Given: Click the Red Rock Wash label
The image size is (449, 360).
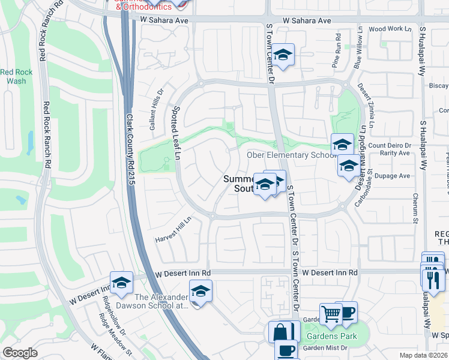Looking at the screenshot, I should [x=16, y=76].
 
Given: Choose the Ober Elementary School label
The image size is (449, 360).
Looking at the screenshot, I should [x=292, y=155].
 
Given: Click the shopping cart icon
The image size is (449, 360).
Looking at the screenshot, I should [x=331, y=313].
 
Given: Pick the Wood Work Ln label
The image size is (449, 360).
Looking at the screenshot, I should [x=390, y=29].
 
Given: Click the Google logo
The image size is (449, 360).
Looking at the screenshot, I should [x=20, y=353].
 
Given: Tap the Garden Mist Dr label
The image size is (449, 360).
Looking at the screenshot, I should [x=325, y=348].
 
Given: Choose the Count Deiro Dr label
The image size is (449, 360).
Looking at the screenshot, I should [x=390, y=145].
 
